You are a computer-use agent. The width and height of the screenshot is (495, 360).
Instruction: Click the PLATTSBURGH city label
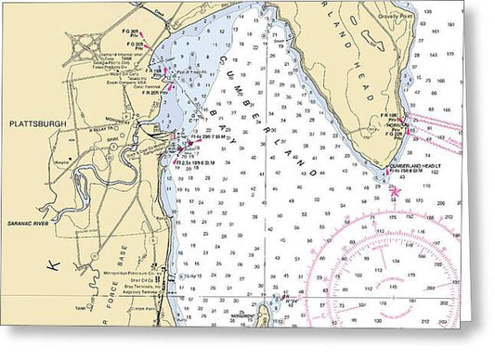(x=33, y=122)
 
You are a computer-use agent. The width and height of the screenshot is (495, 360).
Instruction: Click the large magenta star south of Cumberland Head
(x=395, y=191)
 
